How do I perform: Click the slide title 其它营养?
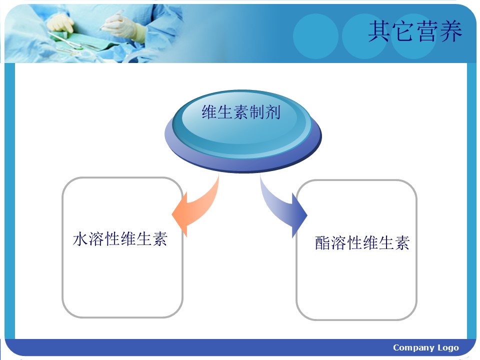pyautogui.click(x=415, y=31)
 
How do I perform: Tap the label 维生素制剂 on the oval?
pyautogui.click(x=241, y=112)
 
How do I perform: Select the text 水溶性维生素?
pyautogui.click(x=120, y=239)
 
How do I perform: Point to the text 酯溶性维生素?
pyautogui.click(x=362, y=243)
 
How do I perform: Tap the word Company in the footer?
pyautogui.click(x=413, y=348)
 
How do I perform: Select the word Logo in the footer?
pyautogui.click(x=448, y=348)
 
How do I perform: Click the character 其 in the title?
pyautogui.click(x=379, y=31)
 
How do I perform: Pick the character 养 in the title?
pyautogui.click(x=451, y=31)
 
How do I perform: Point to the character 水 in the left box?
pyautogui.click(x=80, y=239)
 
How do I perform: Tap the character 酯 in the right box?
pyautogui.click(x=323, y=243)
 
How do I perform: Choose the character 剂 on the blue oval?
pyautogui.click(x=273, y=112)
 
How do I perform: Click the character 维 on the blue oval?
pyautogui.click(x=209, y=112)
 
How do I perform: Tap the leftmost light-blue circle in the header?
pyautogui.click(x=315, y=36)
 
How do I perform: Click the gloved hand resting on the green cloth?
pyautogui.click(x=60, y=23)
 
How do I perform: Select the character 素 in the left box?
pyautogui.click(x=160, y=239)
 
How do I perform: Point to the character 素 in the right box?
pyautogui.click(x=402, y=243)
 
